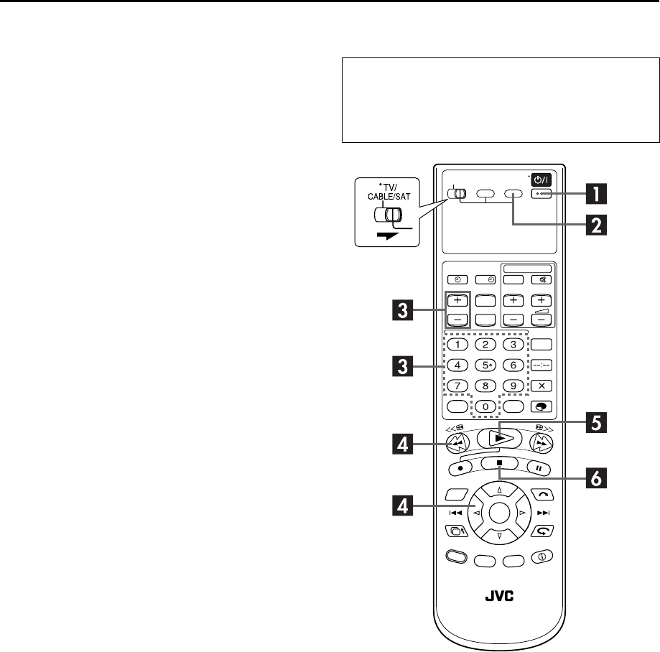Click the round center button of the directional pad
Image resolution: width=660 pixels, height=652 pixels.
pyautogui.click(x=502, y=513)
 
